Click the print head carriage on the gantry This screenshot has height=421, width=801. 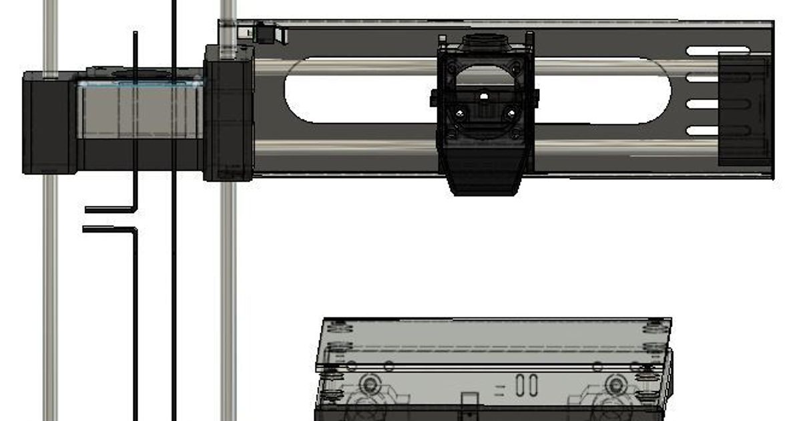[485, 100]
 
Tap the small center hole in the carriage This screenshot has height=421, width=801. [484, 96]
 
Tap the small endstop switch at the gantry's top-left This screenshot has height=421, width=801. [267, 33]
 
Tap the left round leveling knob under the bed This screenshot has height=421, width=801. [369, 384]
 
